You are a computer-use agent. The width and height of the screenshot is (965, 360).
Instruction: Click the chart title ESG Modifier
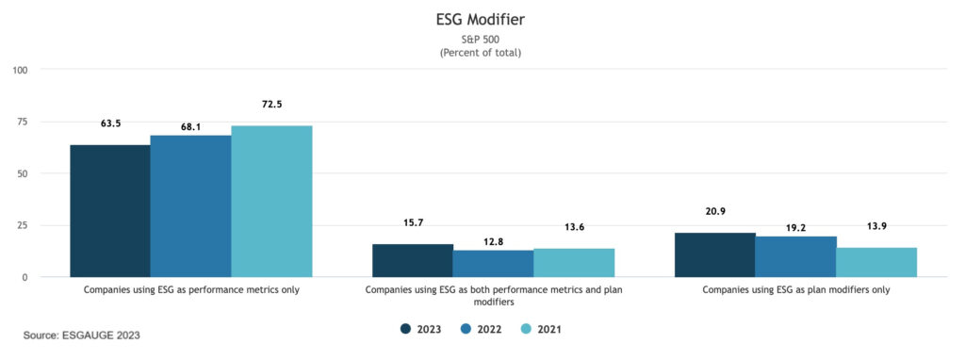[x=481, y=18]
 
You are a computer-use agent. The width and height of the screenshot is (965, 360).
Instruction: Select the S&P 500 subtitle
[x=481, y=39]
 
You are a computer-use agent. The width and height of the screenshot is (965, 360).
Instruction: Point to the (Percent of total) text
[x=481, y=53]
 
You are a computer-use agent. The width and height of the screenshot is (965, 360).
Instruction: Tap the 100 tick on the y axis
[x=21, y=70]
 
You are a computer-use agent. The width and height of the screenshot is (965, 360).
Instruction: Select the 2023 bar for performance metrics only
[x=109, y=211]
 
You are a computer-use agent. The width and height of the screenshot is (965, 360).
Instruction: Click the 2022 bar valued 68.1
[x=190, y=206]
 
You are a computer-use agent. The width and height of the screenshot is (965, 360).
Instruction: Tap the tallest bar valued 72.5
[x=271, y=202]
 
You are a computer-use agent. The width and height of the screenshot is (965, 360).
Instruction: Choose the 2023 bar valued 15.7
[x=413, y=260]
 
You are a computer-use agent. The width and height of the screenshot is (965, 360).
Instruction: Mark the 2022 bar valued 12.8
[x=493, y=263]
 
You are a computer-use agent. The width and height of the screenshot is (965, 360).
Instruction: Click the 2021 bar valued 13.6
[x=574, y=262]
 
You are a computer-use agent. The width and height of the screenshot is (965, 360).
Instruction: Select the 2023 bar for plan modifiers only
[x=715, y=254]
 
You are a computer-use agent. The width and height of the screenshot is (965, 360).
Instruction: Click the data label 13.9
[x=876, y=227]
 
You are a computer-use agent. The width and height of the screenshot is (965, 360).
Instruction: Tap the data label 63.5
[x=110, y=123]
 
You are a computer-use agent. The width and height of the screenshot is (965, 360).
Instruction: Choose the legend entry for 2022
[x=481, y=329]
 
